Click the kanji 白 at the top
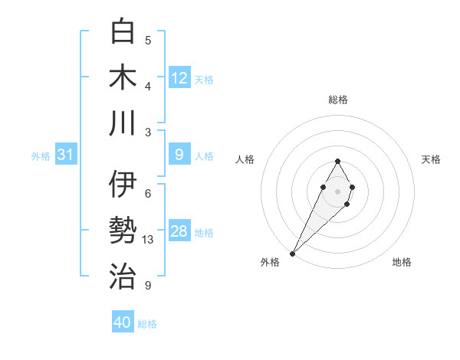123,31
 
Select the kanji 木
123,77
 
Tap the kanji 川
123,123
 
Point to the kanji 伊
123,185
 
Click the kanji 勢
123,231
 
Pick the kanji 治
123,277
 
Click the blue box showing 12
179,78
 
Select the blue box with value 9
179,155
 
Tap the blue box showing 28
179,231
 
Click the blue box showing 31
65,155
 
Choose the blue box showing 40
123,322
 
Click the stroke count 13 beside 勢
148,240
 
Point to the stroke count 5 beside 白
148,41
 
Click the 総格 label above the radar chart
337,100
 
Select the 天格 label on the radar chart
431,159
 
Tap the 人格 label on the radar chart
245,159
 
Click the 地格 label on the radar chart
402,262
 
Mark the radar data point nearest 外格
293,253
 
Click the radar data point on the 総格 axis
337,161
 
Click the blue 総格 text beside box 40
147,324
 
